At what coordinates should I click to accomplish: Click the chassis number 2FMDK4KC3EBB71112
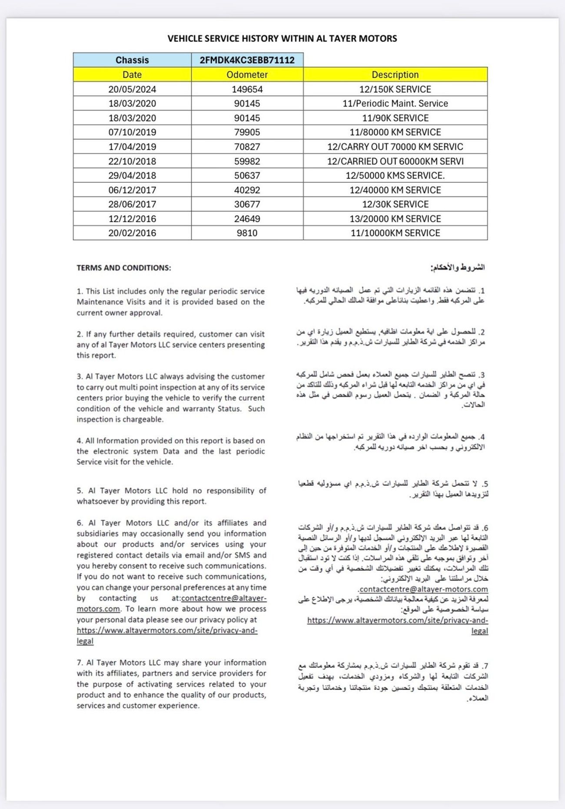point(247,60)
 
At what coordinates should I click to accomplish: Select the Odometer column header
point(247,74)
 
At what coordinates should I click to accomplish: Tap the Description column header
point(395,74)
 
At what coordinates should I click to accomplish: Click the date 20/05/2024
point(132,89)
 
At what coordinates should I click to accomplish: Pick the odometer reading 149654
point(247,89)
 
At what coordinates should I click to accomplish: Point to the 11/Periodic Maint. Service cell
point(395,104)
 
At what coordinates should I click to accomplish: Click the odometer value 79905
point(247,132)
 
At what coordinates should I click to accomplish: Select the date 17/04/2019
point(132,147)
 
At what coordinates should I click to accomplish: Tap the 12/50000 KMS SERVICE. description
point(395,175)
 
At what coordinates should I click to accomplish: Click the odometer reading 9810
point(247,233)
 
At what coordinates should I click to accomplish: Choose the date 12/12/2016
point(132,218)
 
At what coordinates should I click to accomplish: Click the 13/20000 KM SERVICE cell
point(395,218)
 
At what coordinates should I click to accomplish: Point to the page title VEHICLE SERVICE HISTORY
point(282,38)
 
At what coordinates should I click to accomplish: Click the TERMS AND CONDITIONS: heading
point(124,268)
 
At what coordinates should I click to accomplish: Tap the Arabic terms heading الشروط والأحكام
point(457,267)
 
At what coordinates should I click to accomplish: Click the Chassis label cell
point(132,60)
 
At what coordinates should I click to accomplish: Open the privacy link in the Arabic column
point(397,621)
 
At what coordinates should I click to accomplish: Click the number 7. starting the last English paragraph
point(80,663)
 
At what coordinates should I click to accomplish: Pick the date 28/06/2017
point(132,204)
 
